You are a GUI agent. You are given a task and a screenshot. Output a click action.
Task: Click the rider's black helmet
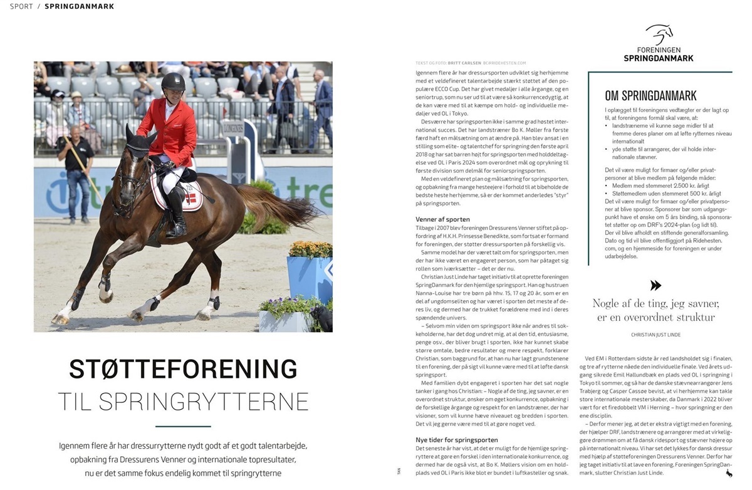[x=173, y=81]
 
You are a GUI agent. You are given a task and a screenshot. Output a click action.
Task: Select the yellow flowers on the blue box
[x=310, y=249]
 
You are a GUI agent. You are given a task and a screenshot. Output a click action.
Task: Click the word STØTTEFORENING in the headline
[x=183, y=369]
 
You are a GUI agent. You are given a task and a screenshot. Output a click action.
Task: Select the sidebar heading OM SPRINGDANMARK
[x=650, y=96]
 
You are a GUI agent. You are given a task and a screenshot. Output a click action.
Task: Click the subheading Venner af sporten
[x=442, y=219]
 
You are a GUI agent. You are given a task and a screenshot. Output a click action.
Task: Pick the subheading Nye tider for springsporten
[x=457, y=440]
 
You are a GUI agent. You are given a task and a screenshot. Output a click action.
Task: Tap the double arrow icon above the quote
[x=656, y=285]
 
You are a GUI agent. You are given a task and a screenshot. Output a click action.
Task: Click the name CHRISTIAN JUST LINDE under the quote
[x=656, y=335]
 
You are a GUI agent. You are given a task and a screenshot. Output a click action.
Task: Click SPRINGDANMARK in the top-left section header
[x=79, y=6]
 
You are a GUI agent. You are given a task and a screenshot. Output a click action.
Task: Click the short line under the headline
[x=183, y=426]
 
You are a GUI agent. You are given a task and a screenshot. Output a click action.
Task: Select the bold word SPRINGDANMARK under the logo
[x=658, y=58]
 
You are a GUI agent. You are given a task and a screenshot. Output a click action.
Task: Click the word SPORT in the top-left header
[x=21, y=6]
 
